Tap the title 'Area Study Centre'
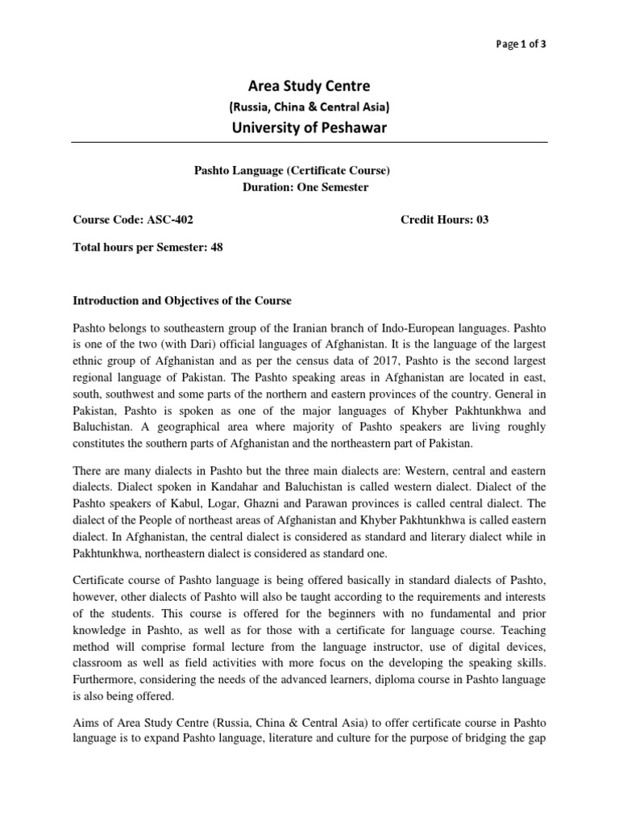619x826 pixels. pyautogui.click(x=309, y=86)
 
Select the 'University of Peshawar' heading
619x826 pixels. pyautogui.click(x=309, y=127)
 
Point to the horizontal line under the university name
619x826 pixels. pyautogui.click(x=309, y=143)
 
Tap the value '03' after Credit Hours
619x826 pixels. pyautogui.click(x=482, y=219)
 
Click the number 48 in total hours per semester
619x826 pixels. pyautogui.click(x=216, y=248)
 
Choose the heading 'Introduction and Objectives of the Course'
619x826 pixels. pyautogui.click(x=182, y=301)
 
